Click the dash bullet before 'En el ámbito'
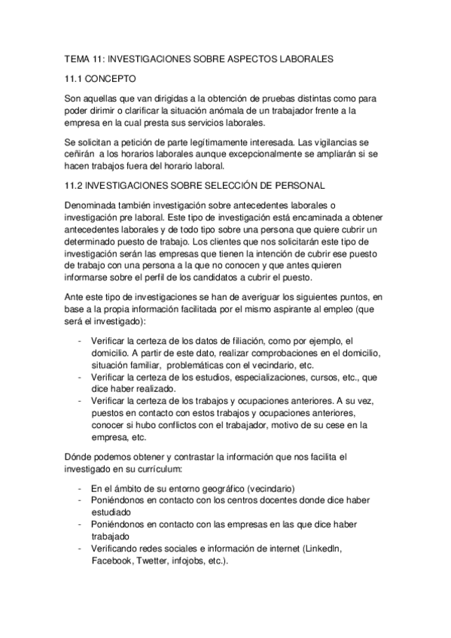pyautogui.click(x=80, y=488)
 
